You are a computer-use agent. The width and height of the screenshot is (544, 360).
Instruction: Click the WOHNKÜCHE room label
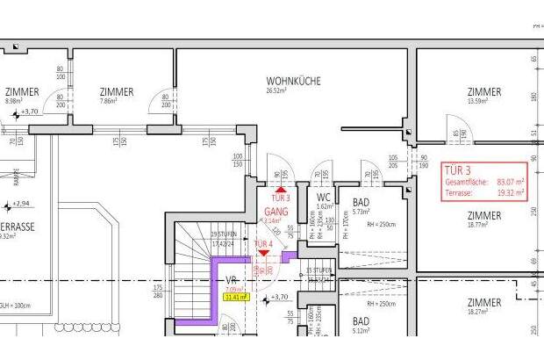(x=294, y=81)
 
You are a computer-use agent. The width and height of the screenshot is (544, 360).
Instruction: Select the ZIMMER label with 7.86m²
(x=117, y=91)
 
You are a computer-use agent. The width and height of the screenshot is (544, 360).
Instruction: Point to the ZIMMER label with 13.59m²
(x=484, y=91)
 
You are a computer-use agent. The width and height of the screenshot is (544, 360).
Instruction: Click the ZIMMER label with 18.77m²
(x=484, y=215)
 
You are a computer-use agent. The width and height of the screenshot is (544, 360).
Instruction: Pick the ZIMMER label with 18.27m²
(x=484, y=302)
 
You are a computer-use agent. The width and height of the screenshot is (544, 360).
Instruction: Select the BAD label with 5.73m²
(x=361, y=202)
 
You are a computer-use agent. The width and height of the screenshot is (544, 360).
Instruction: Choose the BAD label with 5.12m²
(x=361, y=321)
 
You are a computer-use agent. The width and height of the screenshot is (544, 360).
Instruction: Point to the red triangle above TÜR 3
(x=281, y=188)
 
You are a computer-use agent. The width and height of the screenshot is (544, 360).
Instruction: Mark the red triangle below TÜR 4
(x=263, y=253)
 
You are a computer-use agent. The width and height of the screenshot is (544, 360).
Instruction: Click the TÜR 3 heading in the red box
(x=458, y=169)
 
